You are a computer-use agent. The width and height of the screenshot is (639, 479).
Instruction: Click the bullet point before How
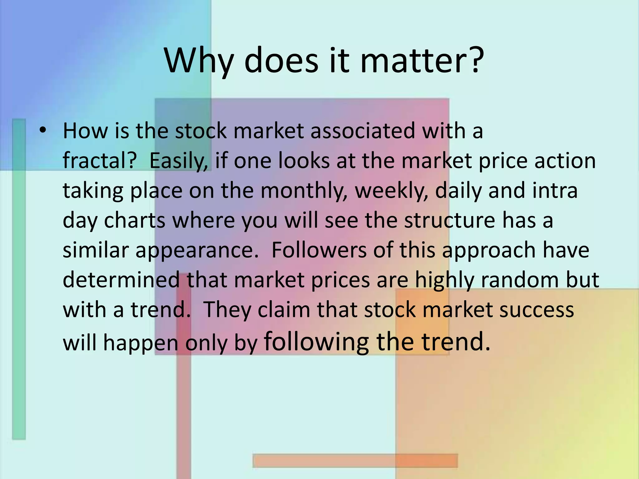point(43,131)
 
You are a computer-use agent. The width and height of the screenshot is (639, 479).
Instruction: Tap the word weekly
point(391,191)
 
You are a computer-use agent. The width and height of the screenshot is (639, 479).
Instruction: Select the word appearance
point(197,250)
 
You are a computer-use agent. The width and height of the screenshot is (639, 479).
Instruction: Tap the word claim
point(284,309)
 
